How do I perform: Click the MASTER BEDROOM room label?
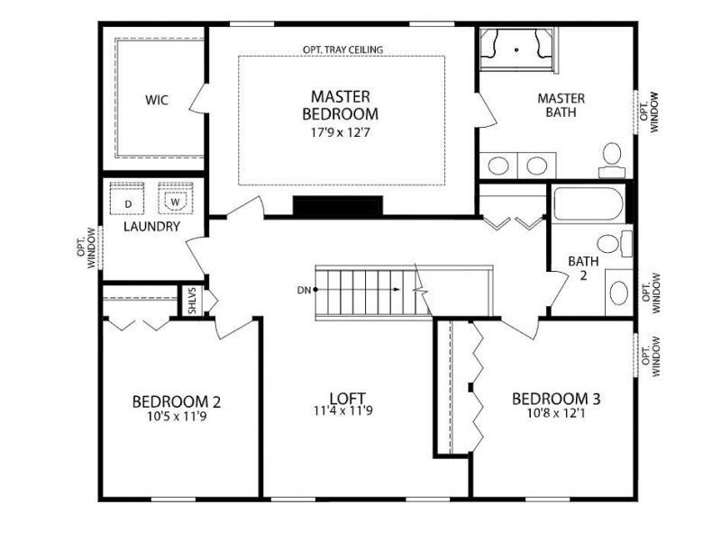pos(340,105)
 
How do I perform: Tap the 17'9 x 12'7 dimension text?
pos(340,131)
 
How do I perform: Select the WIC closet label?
pos(157,99)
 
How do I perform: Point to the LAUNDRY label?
pos(151,228)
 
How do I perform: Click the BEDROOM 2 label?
pos(177,401)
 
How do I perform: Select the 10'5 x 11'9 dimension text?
pos(177,417)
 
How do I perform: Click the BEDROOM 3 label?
pos(556,399)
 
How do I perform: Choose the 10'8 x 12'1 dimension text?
pos(556,415)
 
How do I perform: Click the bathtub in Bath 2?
pos(588,203)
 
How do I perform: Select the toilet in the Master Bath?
pos(613,158)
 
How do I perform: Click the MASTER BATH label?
pos(561,105)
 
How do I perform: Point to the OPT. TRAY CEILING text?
pos(342,49)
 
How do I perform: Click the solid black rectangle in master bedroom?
pos(337,206)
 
